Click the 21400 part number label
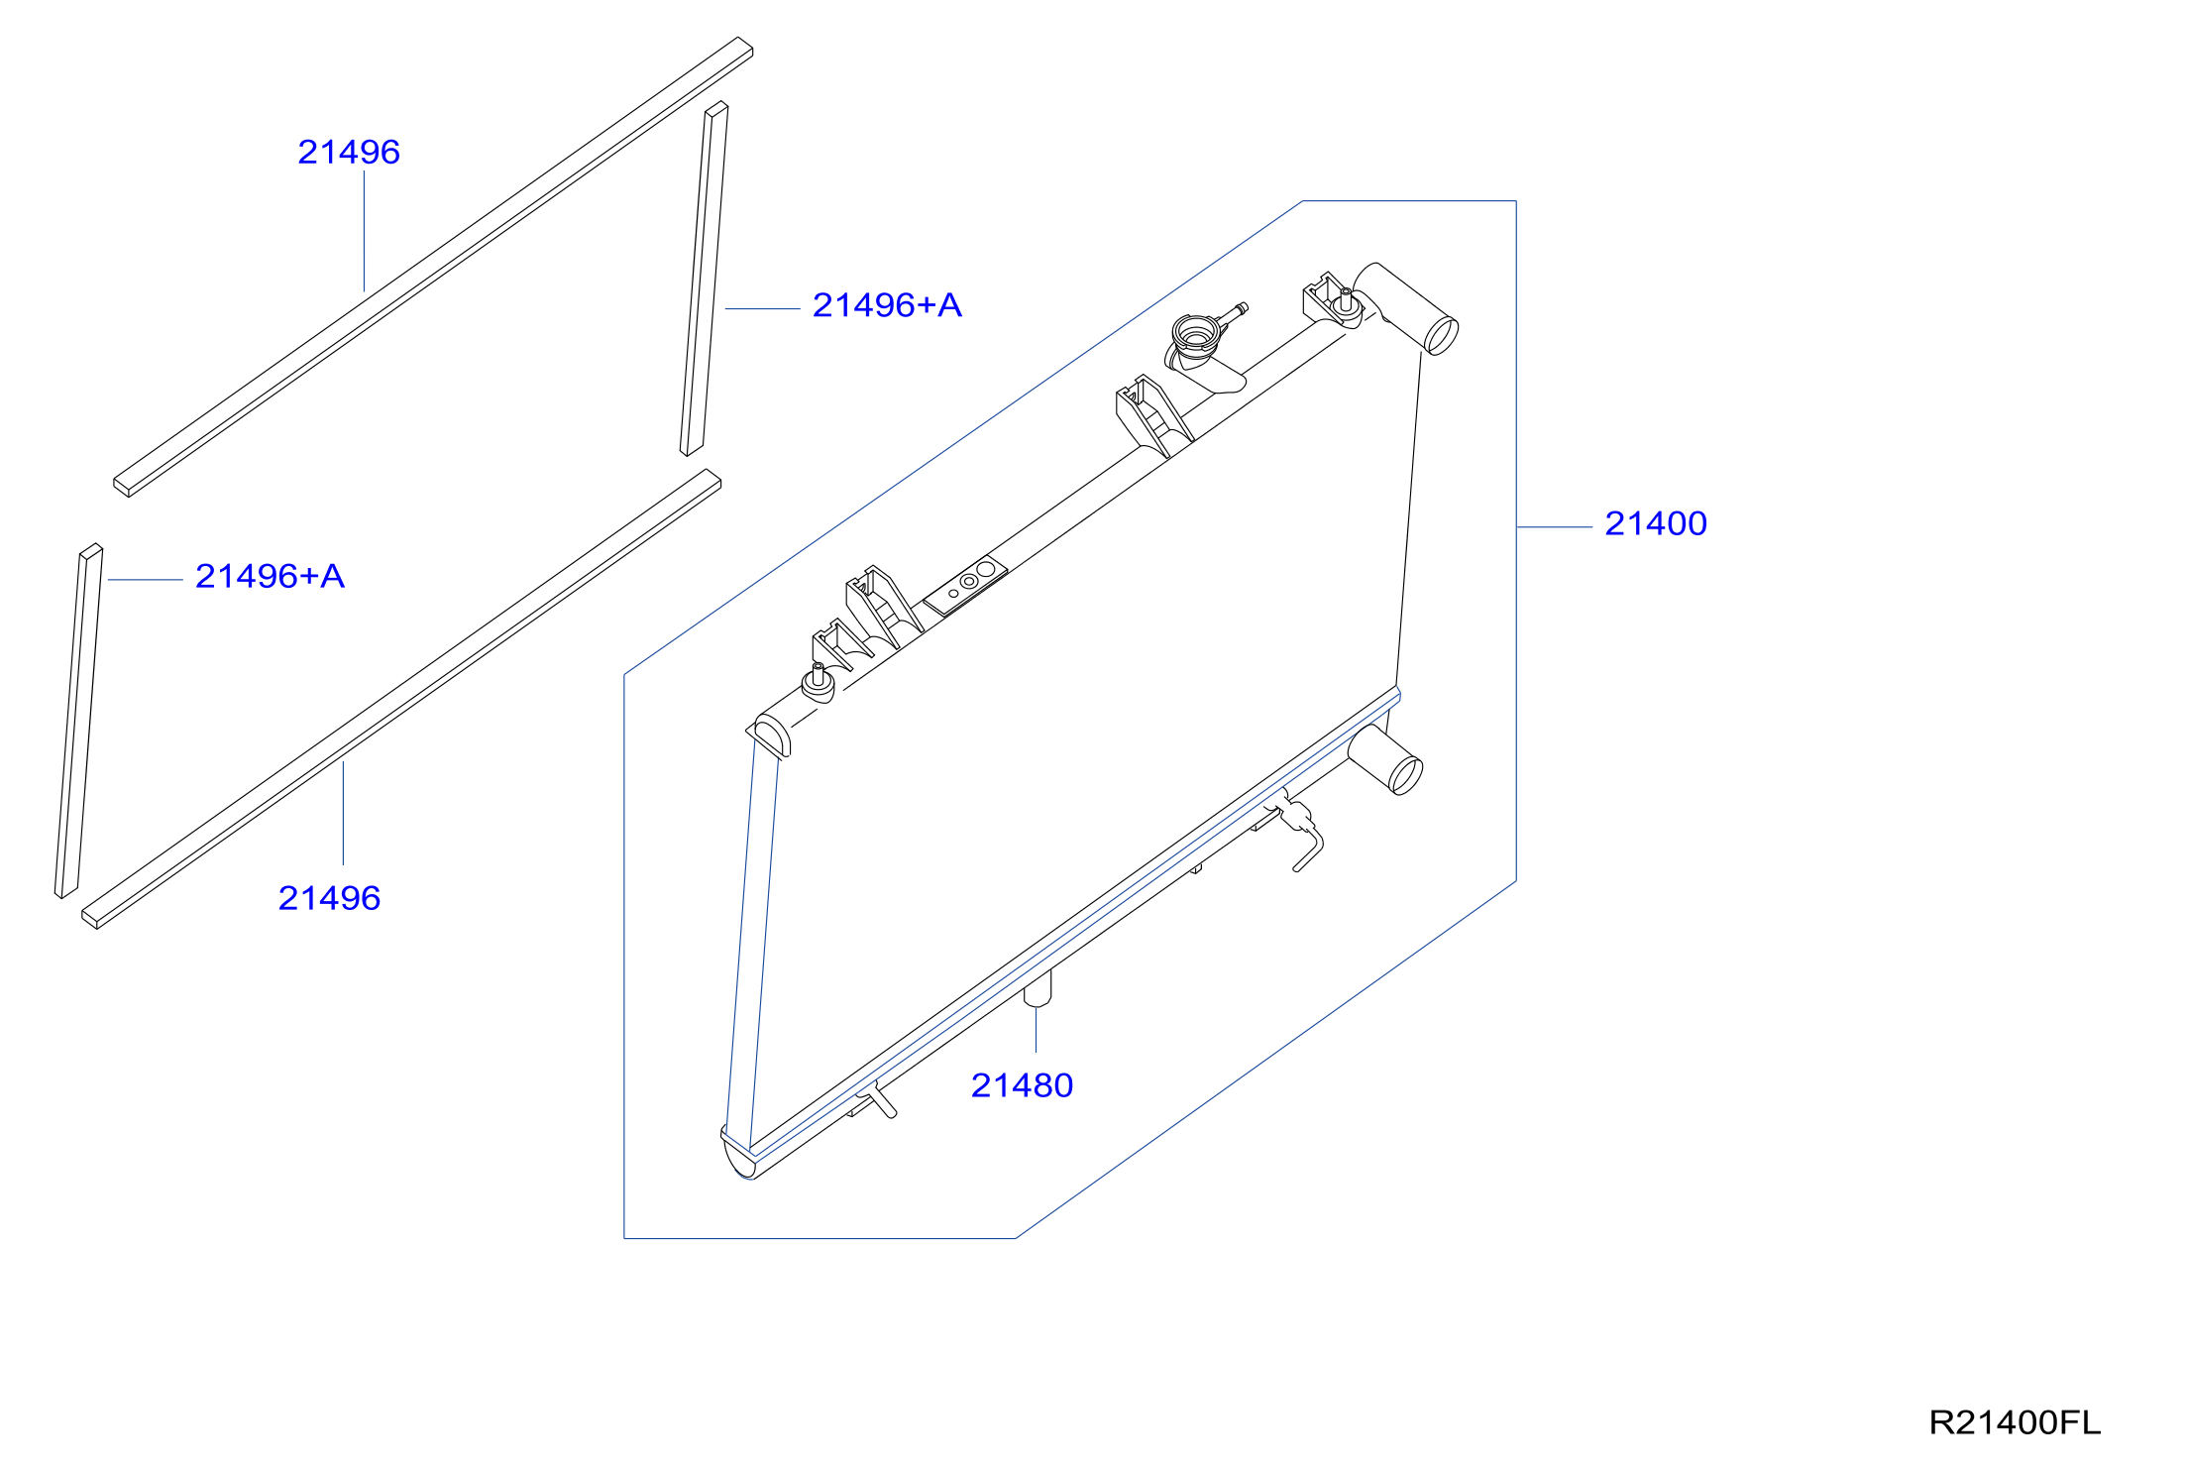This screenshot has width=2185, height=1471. point(1655,523)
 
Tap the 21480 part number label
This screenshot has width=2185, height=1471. point(1022,1085)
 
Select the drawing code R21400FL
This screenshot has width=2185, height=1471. point(2015,1422)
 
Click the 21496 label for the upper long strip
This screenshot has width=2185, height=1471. point(349,152)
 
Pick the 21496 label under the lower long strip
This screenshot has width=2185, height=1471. point(329,898)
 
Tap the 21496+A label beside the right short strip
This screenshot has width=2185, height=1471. point(887,305)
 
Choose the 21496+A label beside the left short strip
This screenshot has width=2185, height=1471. point(270,576)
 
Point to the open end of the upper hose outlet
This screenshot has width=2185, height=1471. point(1441,335)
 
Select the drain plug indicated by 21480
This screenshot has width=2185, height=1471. point(1037,989)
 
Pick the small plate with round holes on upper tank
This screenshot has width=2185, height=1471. point(966,584)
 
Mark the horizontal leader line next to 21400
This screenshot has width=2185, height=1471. point(1555,527)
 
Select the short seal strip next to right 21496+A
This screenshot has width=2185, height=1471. point(705,279)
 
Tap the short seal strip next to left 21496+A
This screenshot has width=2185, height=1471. point(79,721)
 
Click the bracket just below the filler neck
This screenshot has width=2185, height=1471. point(1153,415)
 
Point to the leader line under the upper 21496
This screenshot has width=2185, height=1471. point(364,231)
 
